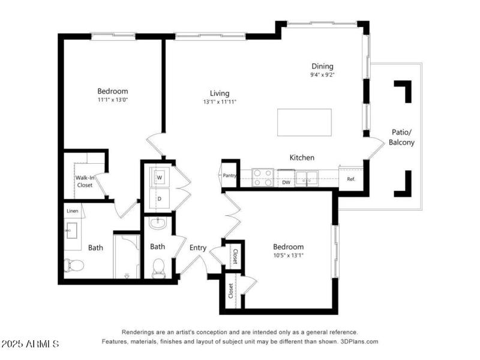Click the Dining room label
[322, 66]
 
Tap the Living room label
[220, 93]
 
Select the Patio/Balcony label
[401, 137]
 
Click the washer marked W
[160, 178]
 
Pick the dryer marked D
[160, 198]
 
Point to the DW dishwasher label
[286, 182]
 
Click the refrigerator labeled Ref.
[351, 179]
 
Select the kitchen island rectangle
[304, 122]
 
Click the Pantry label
[229, 176]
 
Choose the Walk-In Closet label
[84, 181]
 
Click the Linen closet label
[73, 211]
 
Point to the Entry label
[198, 248]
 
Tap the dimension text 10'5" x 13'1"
[288, 256]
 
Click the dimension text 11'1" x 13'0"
[113, 100]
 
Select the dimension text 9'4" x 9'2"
[322, 76]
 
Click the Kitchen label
[302, 157]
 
